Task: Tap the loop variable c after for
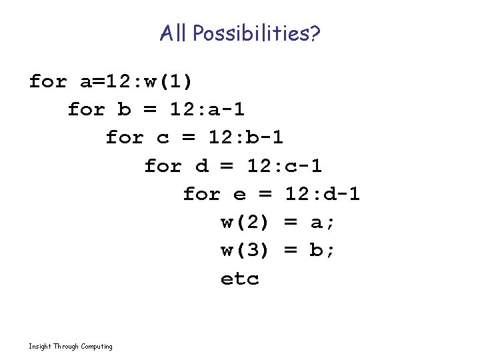click(x=163, y=138)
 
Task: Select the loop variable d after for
click(x=201, y=166)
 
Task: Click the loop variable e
click(x=239, y=194)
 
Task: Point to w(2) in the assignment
click(x=245, y=222)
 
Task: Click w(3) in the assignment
click(x=245, y=250)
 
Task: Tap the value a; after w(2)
click(x=323, y=222)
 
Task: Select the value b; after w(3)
click(x=323, y=250)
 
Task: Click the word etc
click(x=239, y=279)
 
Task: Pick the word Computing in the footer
click(x=97, y=347)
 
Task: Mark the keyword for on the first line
click(x=48, y=82)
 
